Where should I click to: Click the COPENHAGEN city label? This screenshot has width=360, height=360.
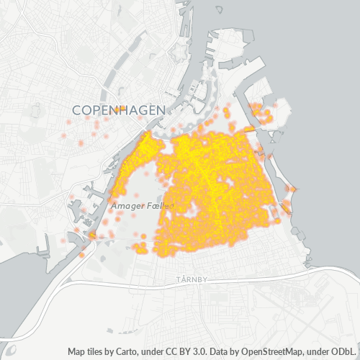(x=119, y=109)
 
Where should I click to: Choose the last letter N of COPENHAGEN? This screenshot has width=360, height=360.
(x=161, y=109)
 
